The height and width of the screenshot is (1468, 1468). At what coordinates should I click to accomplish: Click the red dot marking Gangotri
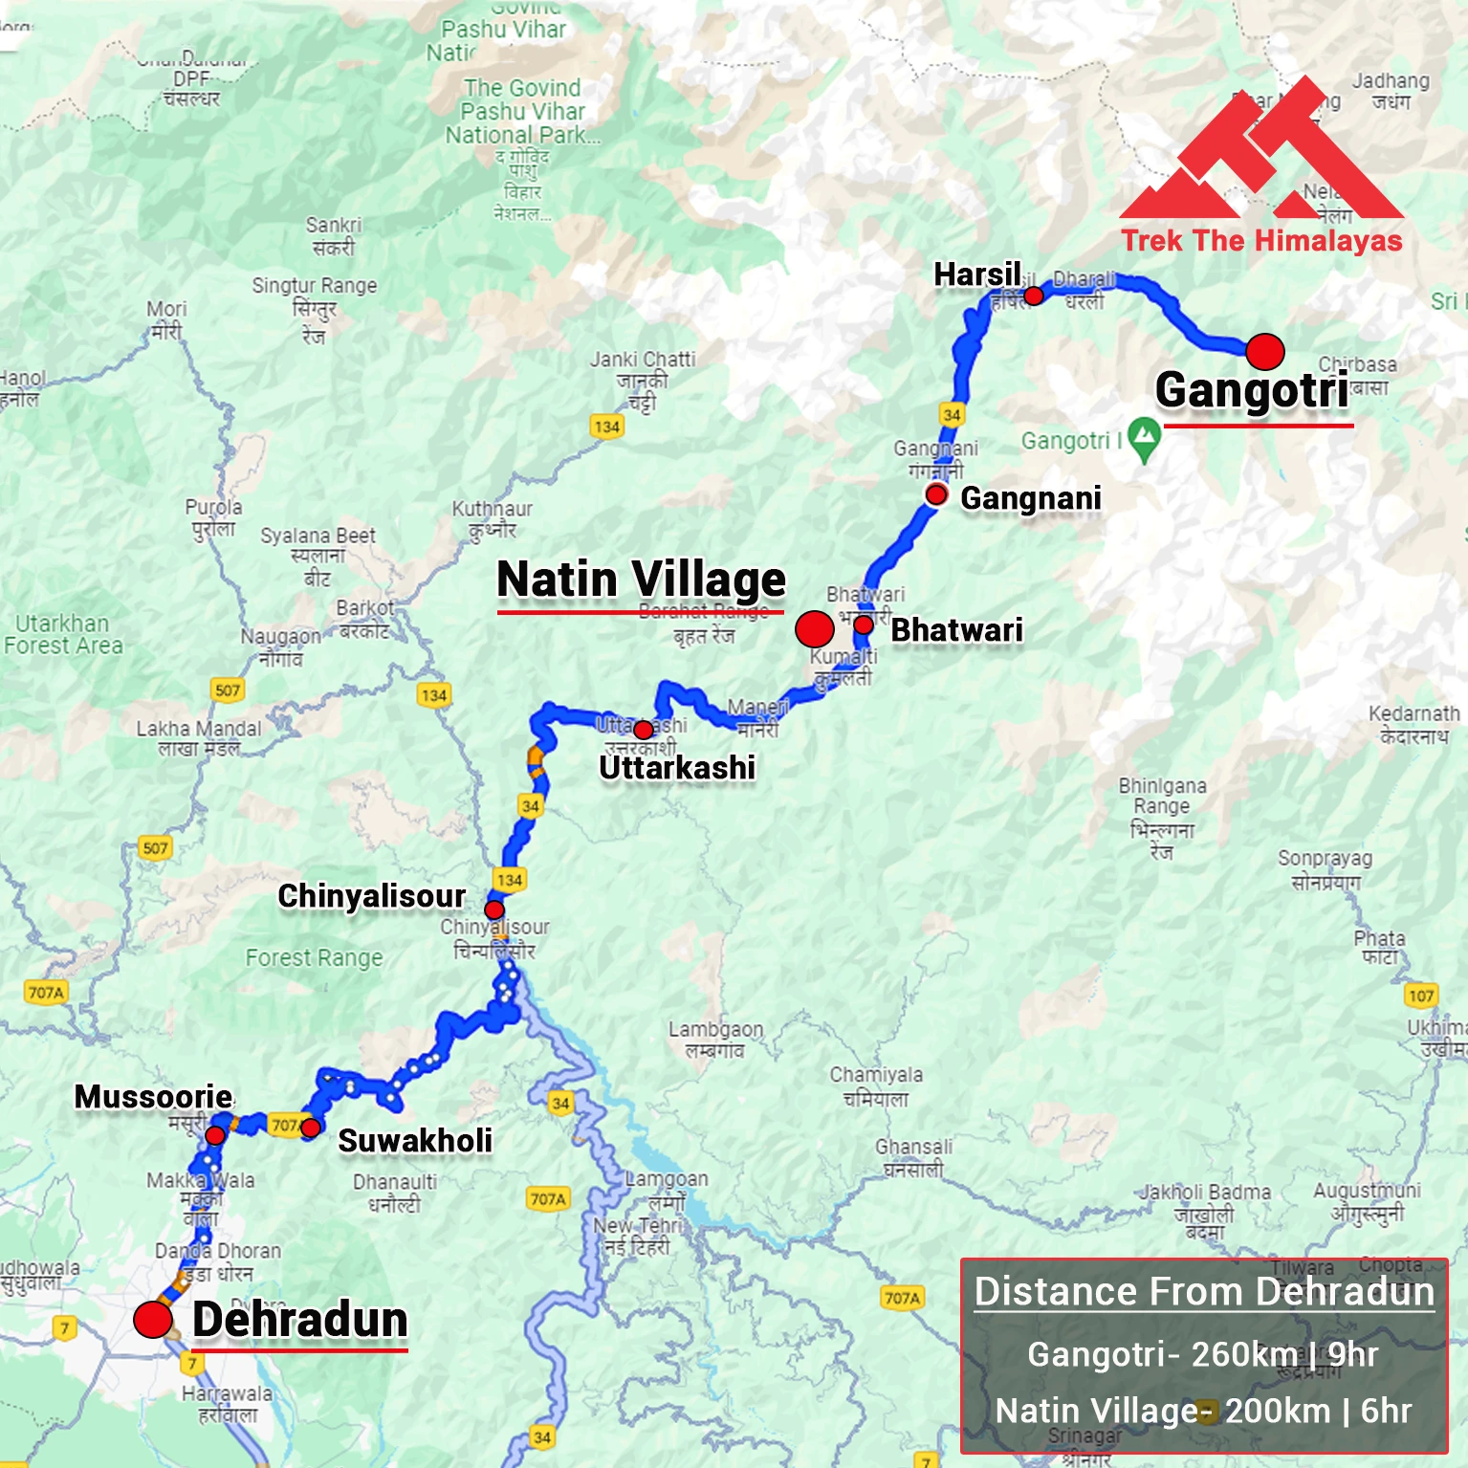(x=1264, y=352)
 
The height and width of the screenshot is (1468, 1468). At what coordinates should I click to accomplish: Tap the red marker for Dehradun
(x=152, y=1320)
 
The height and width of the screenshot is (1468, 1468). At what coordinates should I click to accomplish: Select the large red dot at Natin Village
(x=814, y=629)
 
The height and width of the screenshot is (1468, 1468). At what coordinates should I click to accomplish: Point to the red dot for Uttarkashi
(x=644, y=731)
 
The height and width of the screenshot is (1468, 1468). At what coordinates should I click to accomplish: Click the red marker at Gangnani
(x=936, y=494)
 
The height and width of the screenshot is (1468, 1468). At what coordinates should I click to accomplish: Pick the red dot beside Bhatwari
(x=863, y=625)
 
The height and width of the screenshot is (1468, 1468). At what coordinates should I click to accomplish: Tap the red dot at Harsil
(x=1034, y=296)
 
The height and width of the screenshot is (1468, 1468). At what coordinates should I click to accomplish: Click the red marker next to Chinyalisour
(x=494, y=909)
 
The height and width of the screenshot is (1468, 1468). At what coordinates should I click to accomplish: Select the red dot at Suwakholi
(x=310, y=1128)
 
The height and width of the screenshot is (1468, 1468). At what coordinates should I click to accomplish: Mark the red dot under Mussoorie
(x=215, y=1135)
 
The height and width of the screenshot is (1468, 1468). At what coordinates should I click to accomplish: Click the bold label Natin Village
(x=641, y=580)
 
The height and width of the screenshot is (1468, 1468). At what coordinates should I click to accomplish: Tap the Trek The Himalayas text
(x=1261, y=240)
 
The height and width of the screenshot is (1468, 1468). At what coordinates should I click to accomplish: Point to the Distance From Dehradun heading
(x=1204, y=1291)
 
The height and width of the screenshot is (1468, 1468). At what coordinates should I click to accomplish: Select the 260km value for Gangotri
(x=1244, y=1354)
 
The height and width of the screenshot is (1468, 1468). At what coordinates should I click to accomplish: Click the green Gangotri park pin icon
(x=1144, y=439)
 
